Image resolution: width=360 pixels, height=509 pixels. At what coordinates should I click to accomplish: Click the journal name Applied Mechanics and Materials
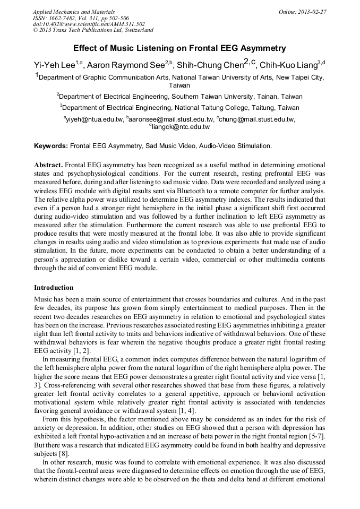pyautogui.click(x=73, y=11)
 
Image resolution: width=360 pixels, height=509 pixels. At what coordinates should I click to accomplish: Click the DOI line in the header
pyautogui.click(x=89, y=24)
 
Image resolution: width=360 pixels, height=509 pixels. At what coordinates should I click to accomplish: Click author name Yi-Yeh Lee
pyautogui.click(x=54, y=64)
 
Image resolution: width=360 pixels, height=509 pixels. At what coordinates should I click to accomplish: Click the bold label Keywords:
pyautogui.click(x=51, y=145)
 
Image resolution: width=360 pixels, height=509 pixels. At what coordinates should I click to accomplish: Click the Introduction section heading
pyautogui.click(x=54, y=288)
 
